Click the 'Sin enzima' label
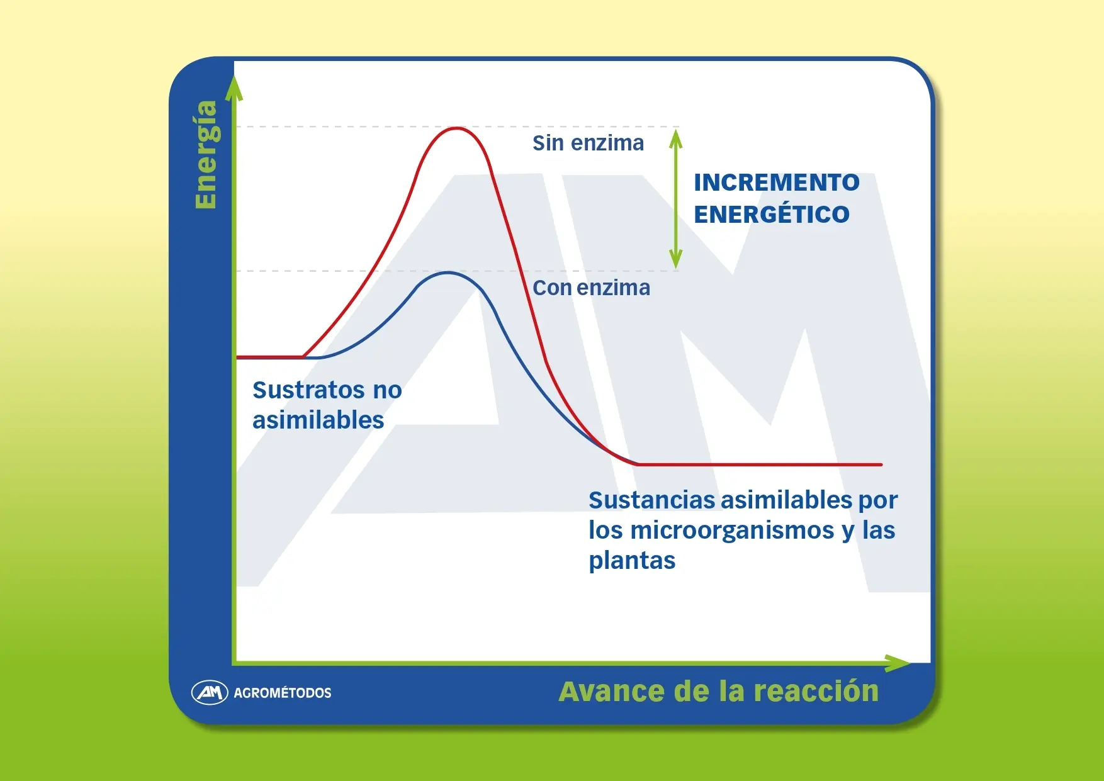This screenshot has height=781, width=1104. coord(588,143)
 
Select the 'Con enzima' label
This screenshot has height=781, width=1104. coord(591,288)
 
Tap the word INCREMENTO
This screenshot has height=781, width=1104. coord(777,183)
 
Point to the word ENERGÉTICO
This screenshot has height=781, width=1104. coord(772,213)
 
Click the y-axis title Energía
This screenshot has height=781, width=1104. coord(206,154)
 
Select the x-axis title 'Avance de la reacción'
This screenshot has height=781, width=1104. coord(718,691)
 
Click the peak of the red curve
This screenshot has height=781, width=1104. coord(456,128)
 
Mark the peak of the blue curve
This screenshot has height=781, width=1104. coord(448,273)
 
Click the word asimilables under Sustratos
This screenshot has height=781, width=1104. coord(318,420)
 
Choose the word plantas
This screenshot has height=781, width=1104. coord(632,560)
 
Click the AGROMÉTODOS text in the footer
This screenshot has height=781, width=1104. coord(283,693)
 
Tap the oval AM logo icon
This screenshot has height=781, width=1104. coord(210,693)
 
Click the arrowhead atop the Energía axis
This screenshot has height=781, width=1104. coord(234,88)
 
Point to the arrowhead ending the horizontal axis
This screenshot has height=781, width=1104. coord(898,663)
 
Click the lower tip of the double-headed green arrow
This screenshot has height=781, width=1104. coord(676,268)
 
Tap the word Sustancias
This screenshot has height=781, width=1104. coord(652,500)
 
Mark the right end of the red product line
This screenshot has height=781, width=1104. coord(881,464)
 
